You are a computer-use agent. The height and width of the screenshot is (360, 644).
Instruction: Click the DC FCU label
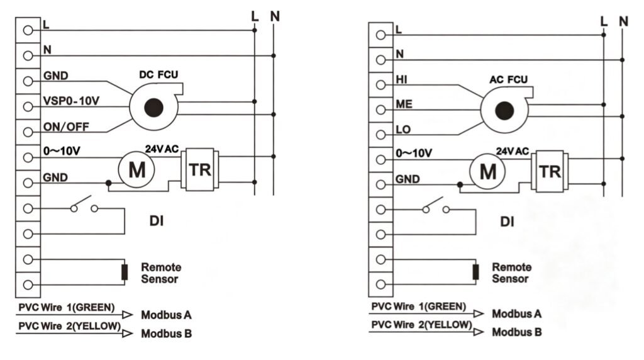pyautogui.click(x=158, y=75)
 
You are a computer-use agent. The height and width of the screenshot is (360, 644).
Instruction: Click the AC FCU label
pyautogui.click(x=508, y=80)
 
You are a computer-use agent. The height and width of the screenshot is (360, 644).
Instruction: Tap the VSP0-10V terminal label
pyautogui.click(x=71, y=101)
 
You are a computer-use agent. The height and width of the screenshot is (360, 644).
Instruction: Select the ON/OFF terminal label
pyautogui.click(x=66, y=127)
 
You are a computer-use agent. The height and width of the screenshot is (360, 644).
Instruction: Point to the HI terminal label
pyautogui.click(x=401, y=79)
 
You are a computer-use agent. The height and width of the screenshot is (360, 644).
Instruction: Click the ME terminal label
pyautogui.click(x=404, y=104)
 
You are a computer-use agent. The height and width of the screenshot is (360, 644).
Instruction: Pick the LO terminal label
pyautogui.click(x=403, y=130)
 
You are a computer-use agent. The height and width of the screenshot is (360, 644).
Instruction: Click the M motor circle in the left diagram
pyautogui.click(x=136, y=169)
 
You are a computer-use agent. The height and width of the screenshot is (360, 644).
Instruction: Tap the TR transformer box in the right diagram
pyautogui.click(x=550, y=171)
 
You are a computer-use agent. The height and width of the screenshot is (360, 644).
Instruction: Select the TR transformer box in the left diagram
pyautogui.click(x=200, y=169)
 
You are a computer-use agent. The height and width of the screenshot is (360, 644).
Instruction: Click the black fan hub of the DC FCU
pyautogui.click(x=154, y=108)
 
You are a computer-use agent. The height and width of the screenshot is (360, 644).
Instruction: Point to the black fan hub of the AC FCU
pyautogui.click(x=504, y=111)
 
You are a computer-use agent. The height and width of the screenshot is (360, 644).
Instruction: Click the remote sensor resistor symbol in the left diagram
pyautogui.click(x=125, y=272)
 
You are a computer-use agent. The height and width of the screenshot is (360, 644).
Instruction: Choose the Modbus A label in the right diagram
pyautogui.click(x=517, y=314)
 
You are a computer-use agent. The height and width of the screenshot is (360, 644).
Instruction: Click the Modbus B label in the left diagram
pyautogui.click(x=166, y=334)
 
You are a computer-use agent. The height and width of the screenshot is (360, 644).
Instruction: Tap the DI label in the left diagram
pyautogui.click(x=157, y=221)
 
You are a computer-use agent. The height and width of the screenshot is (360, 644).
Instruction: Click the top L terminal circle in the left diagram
pyautogui.click(x=28, y=30)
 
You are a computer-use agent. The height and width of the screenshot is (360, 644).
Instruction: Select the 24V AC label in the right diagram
pyautogui.click(x=512, y=151)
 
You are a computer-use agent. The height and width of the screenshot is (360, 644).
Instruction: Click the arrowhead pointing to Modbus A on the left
pyautogui.click(x=128, y=315)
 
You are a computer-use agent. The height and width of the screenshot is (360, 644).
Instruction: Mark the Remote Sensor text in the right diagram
pyautogui.click(x=512, y=273)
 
